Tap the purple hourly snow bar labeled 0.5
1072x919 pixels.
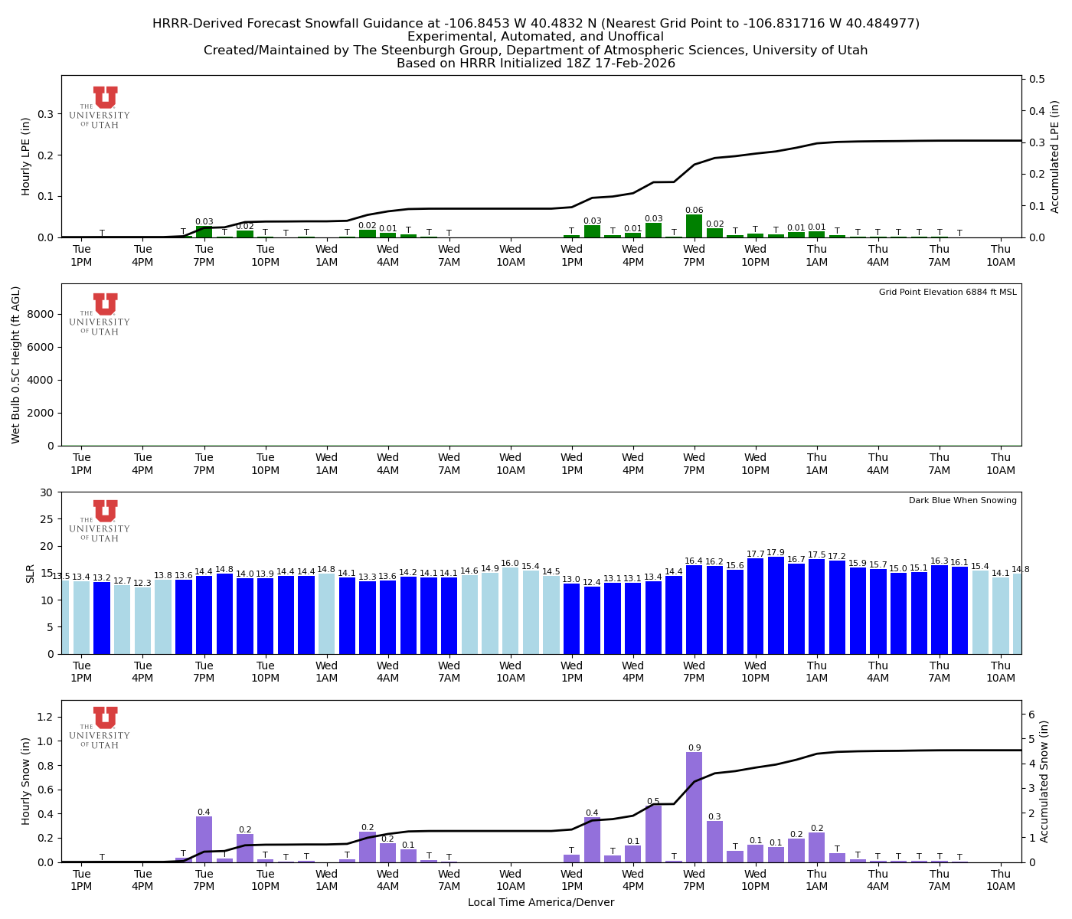tap(653, 833)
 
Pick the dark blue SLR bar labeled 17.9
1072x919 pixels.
tap(776, 606)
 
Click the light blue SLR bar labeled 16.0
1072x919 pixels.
tap(510, 610)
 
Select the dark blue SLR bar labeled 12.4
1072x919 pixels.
tap(592, 620)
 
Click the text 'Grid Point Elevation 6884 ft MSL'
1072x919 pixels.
tap(947, 293)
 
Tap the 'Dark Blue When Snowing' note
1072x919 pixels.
tap(963, 501)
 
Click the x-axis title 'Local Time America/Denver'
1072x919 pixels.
tap(541, 902)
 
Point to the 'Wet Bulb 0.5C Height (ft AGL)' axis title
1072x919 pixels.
tap(16, 365)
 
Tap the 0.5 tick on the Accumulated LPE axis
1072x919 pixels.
tap(1037, 79)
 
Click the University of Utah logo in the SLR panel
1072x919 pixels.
tap(100, 521)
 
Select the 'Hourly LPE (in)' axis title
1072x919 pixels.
tap(26, 156)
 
